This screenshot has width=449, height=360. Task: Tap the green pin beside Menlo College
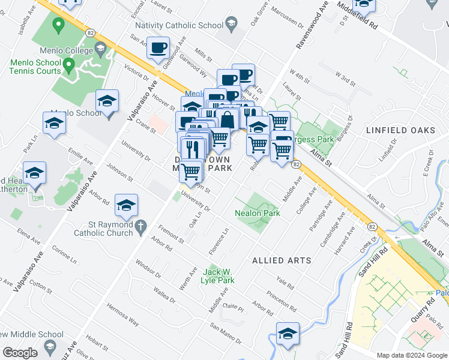[x=58, y=25]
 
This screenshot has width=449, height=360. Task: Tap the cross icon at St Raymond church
[x=141, y=227]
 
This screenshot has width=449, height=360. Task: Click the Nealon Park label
[x=258, y=213]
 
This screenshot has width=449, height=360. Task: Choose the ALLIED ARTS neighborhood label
[x=282, y=260]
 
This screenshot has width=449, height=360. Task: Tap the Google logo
[x=20, y=352]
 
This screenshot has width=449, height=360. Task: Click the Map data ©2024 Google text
[x=412, y=355]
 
